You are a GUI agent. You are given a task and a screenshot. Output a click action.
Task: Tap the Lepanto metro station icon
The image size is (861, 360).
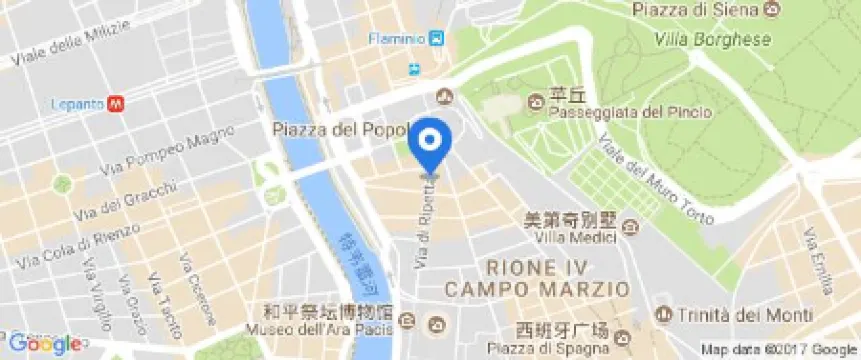pos(117,101)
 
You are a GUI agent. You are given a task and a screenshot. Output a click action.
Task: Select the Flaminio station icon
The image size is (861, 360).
pos(437,39)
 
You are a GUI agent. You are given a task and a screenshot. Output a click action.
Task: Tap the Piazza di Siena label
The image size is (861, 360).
pos(697,9)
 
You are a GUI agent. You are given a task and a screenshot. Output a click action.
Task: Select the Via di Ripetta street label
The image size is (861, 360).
pos(424,226)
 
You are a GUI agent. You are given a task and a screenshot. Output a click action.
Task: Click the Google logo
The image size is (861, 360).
pos(45,344)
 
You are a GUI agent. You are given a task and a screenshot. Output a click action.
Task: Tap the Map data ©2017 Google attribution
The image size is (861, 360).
pos(779,349)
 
